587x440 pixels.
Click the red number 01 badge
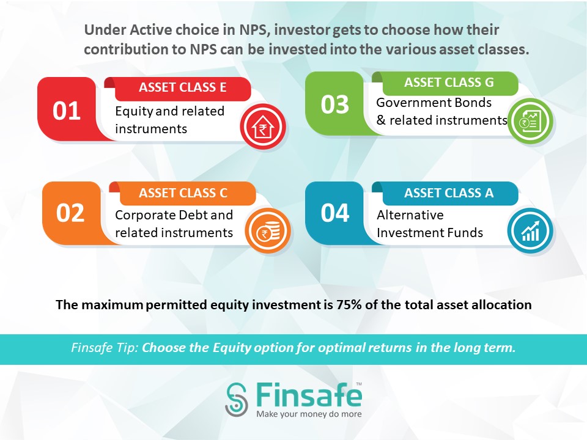tap(67, 111)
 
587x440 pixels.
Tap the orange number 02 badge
tap(70, 213)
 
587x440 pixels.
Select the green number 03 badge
tap(334, 104)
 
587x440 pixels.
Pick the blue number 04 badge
tap(334, 213)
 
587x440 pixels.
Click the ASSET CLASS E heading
tap(183, 87)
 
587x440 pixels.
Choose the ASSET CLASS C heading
tap(183, 193)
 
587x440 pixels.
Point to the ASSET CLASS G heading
tap(449, 82)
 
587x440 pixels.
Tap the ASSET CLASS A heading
tap(449, 193)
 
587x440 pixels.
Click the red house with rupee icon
tap(263, 127)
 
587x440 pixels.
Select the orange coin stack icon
tap(268, 231)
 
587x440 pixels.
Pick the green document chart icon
tap(530, 121)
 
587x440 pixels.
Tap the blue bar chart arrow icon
tap(530, 231)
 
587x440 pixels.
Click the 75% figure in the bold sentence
tap(349, 304)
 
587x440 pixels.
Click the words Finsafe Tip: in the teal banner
tap(105, 348)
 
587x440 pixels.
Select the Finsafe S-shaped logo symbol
tap(237, 400)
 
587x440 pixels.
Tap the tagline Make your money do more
tap(309, 414)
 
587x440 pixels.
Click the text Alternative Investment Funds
tap(430, 224)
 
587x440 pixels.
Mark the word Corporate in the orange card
tap(146, 216)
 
